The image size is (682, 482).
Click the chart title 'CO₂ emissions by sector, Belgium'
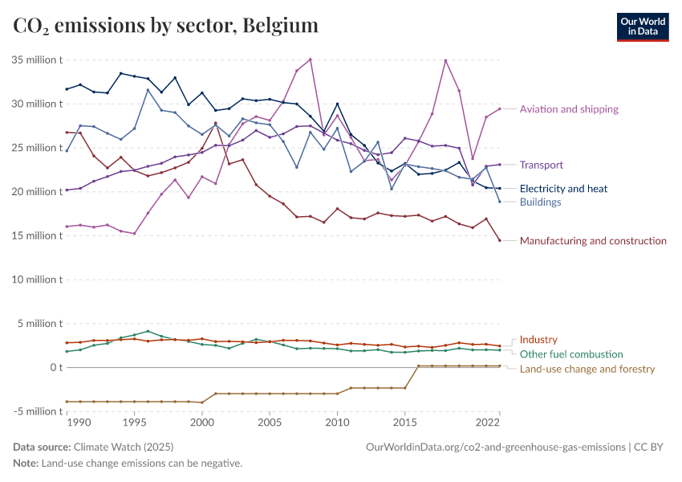[166, 26]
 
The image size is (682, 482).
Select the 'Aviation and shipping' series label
[569, 109]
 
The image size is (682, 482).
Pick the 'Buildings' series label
[540, 202]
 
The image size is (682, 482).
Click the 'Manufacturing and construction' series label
[593, 241]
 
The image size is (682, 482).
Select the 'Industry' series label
[538, 340]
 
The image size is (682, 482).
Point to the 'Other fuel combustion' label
[571, 354]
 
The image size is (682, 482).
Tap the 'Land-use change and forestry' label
[587, 370]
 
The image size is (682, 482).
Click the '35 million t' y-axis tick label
[37, 60]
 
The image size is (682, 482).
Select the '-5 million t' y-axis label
[37, 411]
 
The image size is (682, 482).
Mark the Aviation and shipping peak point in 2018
[445, 60]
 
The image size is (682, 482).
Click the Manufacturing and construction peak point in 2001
[215, 123]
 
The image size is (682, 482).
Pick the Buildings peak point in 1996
[148, 90]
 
